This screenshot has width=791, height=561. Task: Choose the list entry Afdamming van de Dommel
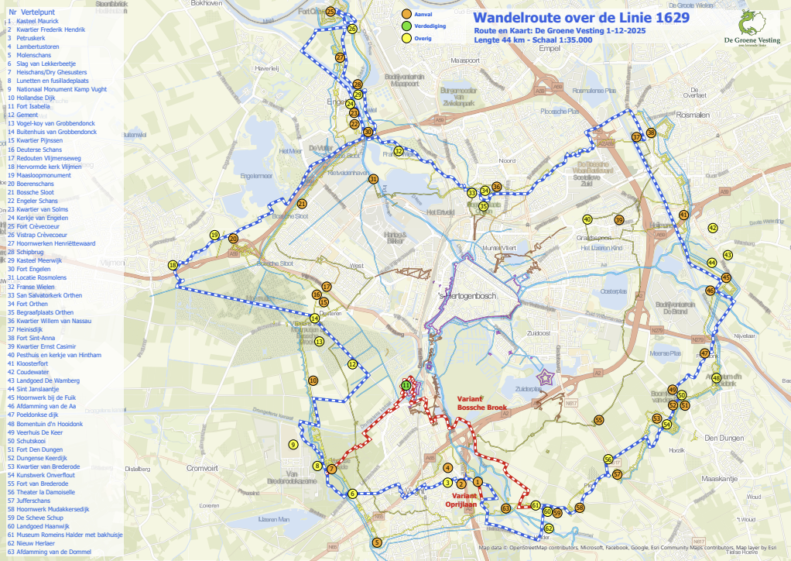(53, 552)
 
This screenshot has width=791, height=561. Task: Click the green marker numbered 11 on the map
(406, 385)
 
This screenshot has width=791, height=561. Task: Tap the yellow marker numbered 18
(173, 265)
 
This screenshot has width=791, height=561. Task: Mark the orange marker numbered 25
(330, 12)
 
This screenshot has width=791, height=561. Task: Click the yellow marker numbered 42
(713, 228)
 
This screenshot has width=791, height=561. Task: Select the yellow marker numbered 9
(293, 445)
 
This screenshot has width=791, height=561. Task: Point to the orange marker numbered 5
(377, 542)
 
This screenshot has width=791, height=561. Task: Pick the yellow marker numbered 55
(599, 419)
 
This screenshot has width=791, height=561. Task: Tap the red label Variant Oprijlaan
(464, 499)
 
